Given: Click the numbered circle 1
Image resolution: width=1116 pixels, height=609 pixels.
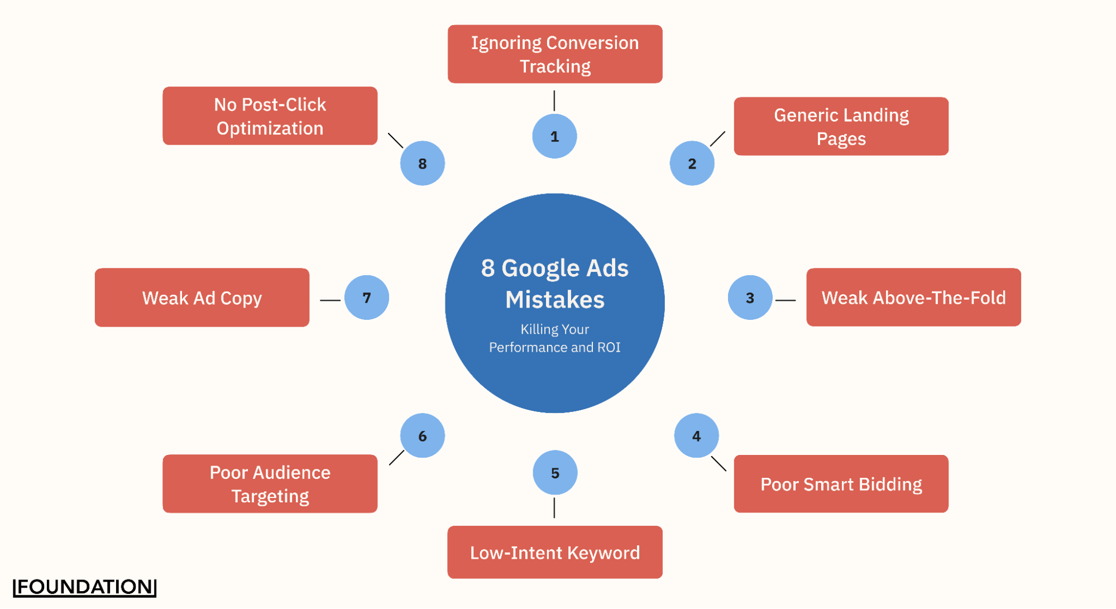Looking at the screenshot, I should pos(554,136).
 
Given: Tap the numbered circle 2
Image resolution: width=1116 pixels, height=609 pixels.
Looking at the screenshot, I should pos(692,164).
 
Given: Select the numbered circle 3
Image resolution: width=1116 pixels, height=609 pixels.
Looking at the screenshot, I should pos(750,298).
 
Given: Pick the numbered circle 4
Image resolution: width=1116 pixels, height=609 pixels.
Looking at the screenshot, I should pos(696,435).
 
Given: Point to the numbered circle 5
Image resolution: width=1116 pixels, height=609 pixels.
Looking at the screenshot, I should pos(555,473).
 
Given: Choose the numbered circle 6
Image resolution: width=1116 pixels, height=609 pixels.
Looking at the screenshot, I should pos(422,435).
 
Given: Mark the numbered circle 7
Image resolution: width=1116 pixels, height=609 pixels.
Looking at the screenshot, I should pos(366,298).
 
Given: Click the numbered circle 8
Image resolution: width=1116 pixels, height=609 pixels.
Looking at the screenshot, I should pos(422,164).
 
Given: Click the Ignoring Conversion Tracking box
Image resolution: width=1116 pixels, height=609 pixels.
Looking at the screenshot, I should pos(555,54).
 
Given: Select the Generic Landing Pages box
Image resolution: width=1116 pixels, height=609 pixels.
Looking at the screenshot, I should pos(841,126).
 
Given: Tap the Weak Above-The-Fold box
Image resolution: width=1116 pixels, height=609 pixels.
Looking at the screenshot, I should pos(913,298).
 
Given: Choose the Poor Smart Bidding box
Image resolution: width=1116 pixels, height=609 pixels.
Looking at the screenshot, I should pos(841,484).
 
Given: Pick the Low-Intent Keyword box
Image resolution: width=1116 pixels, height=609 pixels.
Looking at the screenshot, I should pos(555,552).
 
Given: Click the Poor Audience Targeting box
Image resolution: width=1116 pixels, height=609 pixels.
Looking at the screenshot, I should pos(270,484).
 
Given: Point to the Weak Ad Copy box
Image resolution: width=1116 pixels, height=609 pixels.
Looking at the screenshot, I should pos(202,298).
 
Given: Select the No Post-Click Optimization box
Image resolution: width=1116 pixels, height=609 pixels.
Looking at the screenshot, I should pos(270,116).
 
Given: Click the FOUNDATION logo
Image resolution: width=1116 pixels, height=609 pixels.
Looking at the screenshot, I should pos(84,587).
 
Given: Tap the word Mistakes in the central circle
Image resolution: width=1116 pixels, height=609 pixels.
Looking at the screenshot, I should pos(555,300).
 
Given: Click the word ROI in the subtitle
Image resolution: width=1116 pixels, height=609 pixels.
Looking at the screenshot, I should pos(609,347).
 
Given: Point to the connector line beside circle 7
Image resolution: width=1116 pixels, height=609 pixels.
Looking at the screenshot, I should pos(330,300).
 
